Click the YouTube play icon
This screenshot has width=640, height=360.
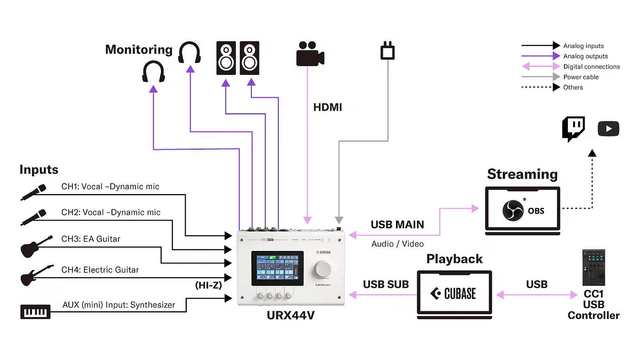[608, 129]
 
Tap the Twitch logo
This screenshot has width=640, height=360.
[573, 128]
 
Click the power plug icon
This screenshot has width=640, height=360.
[387, 51]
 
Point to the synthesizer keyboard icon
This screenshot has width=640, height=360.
[35, 312]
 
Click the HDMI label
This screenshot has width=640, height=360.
[328, 107]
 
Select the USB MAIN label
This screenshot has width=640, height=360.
[397, 225]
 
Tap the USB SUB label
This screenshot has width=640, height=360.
[386, 284]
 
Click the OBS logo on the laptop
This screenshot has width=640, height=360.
[513, 210]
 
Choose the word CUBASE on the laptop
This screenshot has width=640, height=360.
[460, 294]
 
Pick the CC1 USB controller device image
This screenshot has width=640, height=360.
[594, 267]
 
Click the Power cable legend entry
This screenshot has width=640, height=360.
[581, 77]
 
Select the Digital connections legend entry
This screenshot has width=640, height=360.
[591, 67]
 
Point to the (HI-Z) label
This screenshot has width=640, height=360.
[208, 285]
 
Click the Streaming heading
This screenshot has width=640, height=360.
[522, 174]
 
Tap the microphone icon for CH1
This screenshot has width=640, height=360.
[34, 192]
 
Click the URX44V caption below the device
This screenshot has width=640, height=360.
[291, 316]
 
